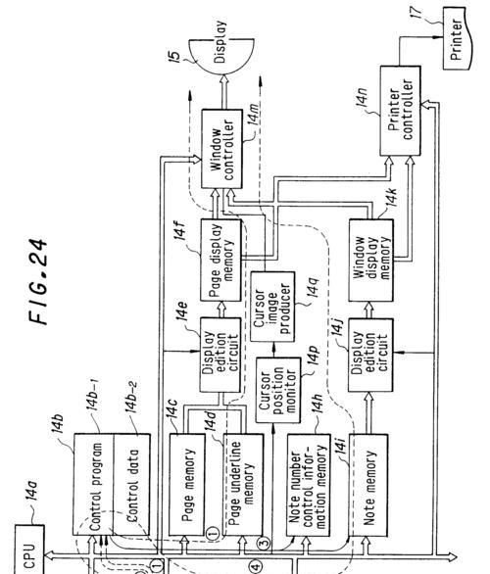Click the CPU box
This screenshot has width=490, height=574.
[29, 550]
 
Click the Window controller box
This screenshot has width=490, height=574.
[221, 149]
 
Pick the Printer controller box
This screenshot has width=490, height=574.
[400, 111]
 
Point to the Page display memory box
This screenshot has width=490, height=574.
[221, 261]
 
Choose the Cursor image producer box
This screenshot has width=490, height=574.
[272, 307]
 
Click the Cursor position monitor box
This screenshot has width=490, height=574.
[278, 390]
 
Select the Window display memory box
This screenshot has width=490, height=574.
[371, 261]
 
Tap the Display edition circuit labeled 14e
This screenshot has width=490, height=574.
[220, 356]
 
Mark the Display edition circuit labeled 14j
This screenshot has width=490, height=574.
[370, 356]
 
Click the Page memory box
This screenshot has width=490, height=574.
[187, 485]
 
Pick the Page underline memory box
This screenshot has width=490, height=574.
[243, 485]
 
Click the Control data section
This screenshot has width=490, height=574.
[131, 485]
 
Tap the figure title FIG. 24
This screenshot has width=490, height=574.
[37, 281]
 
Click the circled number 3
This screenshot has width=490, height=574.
[264, 542]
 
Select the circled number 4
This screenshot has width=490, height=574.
[256, 566]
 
